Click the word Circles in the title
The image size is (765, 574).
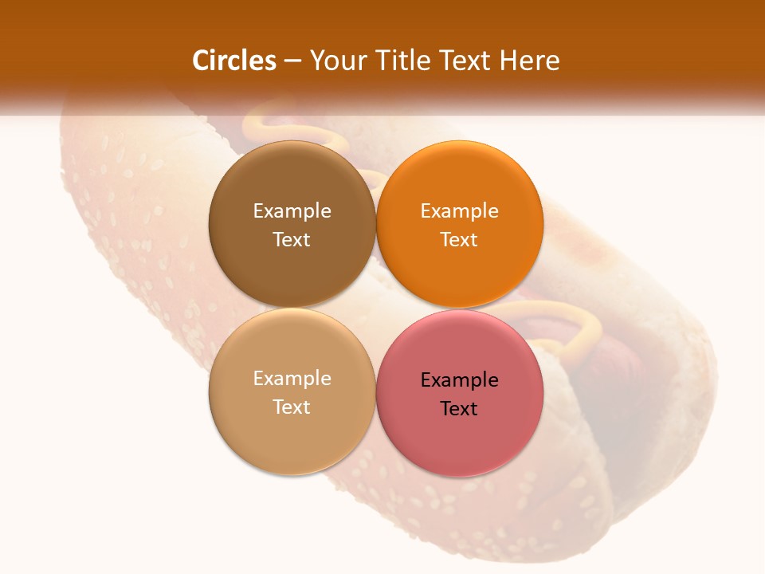coord(234,61)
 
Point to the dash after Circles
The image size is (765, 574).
coord(292,61)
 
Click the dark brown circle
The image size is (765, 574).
coord(292,183)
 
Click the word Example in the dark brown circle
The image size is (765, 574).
coord(292,211)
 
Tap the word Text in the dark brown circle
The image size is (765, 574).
coord(292,240)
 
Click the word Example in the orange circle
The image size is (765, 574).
coord(459,211)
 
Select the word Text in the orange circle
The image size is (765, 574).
coord(459,240)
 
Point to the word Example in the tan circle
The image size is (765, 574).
coord(292,379)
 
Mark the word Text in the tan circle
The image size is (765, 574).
coord(292,407)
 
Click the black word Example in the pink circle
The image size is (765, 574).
coord(459,380)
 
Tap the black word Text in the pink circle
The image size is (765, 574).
coord(459,409)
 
